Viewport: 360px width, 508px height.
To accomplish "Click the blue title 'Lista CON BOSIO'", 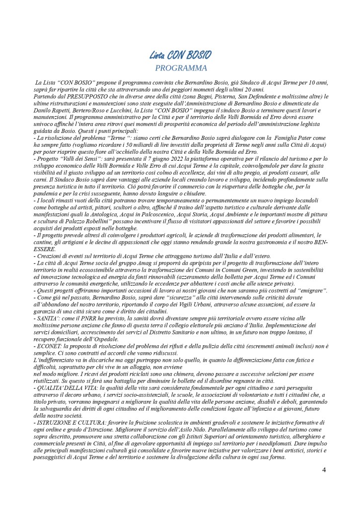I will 180,55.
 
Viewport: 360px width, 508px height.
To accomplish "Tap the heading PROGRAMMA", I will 180,67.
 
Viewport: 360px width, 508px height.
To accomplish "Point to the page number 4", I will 324,470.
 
